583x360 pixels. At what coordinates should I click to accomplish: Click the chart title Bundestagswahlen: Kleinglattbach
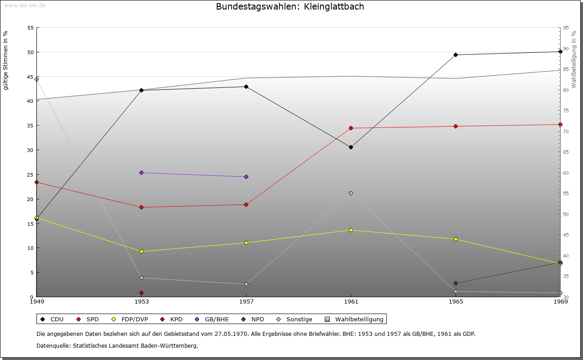pos(290,7)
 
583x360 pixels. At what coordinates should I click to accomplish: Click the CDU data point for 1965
pos(455,55)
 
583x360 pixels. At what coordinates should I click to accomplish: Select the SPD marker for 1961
pos(351,128)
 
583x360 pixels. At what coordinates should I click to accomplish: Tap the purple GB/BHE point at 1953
pos(142,173)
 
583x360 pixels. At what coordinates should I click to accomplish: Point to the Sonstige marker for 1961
pos(351,193)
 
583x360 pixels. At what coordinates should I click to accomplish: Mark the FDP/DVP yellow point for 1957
pos(246,243)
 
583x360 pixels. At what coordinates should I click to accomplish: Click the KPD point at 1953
pos(142,293)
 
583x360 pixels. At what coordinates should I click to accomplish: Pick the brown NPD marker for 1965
pos(455,284)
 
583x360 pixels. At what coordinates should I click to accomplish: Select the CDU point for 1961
pos(351,147)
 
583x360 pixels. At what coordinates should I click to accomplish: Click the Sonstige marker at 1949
pos(37,80)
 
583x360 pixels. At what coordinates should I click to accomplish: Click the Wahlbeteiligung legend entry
pos(355,319)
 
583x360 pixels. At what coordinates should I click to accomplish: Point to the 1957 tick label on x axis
pos(246,301)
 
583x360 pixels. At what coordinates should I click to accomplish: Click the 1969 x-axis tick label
pos(560,301)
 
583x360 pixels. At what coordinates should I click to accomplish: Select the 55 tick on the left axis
pos(31,28)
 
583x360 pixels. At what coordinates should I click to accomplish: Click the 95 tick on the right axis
pos(566,28)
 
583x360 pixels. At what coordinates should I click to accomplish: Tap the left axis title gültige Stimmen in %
pos(6,60)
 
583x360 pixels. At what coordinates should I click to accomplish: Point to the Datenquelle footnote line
pos(117,346)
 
